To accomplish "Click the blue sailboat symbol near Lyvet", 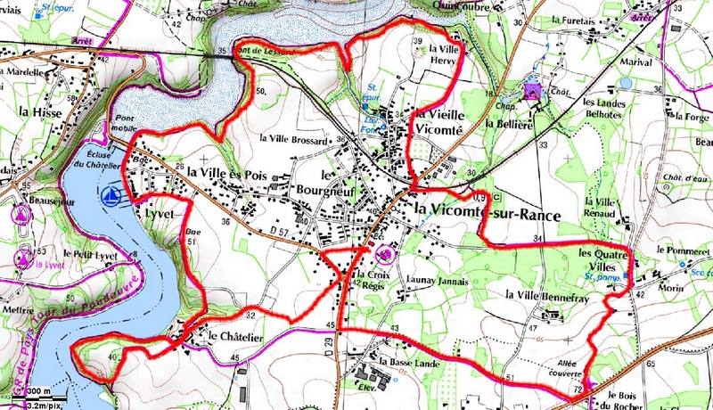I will tap(111, 194).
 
